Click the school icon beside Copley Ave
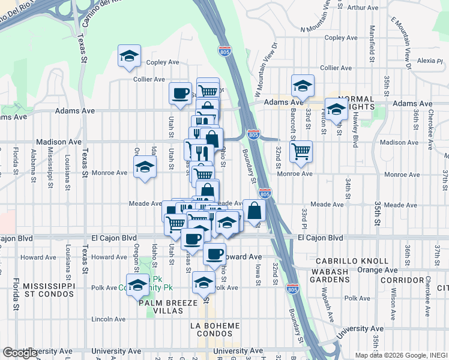click(x=129, y=56)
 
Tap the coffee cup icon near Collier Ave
click(x=180, y=93)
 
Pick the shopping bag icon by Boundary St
click(x=255, y=211)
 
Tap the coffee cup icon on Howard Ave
click(x=214, y=254)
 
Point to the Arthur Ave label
click(x=363, y=8)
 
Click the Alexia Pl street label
click(x=430, y=61)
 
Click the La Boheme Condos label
click(x=215, y=330)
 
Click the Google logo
click(x=20, y=353)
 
